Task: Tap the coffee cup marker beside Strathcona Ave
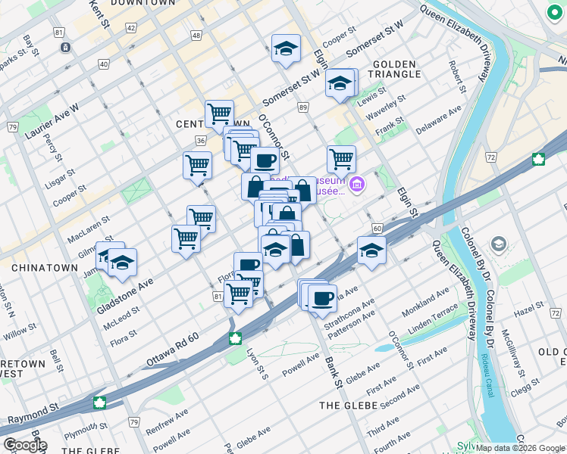[322, 297]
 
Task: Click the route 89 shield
[303, 109]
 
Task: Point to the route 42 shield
[131, 28]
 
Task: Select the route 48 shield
[196, 36]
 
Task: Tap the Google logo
[25, 444]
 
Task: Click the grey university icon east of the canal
[498, 244]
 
